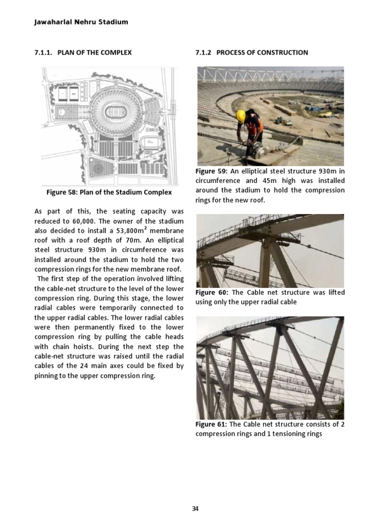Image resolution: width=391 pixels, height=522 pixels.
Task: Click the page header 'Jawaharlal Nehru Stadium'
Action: click(x=81, y=22)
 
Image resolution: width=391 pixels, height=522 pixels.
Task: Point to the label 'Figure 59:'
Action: click(x=211, y=171)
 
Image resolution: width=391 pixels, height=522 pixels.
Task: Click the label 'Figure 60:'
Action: click(x=211, y=292)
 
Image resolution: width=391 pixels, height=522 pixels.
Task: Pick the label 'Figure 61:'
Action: click(x=211, y=424)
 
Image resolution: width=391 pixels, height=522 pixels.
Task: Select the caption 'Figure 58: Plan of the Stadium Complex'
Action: click(x=109, y=192)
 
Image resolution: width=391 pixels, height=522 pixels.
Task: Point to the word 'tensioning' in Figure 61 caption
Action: click(x=294, y=434)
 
